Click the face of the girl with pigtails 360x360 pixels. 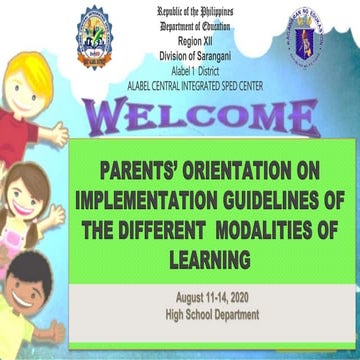coord(32,200)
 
